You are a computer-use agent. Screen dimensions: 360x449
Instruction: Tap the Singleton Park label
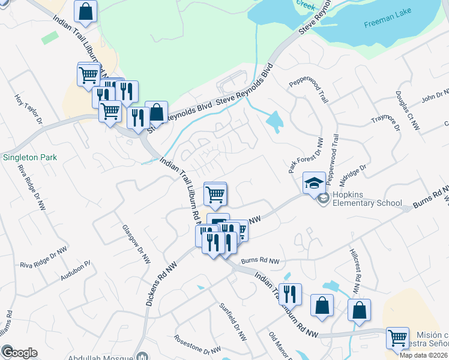(29, 158)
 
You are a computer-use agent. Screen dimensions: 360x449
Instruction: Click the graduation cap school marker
(313, 183)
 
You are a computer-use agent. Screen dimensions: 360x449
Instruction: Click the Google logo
(19, 353)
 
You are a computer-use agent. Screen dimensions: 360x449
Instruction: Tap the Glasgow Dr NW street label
(136, 245)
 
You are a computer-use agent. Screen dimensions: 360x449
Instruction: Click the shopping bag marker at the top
(86, 11)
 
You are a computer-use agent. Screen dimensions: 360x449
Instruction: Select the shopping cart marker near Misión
(397, 338)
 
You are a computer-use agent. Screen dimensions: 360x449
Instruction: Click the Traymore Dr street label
(385, 125)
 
